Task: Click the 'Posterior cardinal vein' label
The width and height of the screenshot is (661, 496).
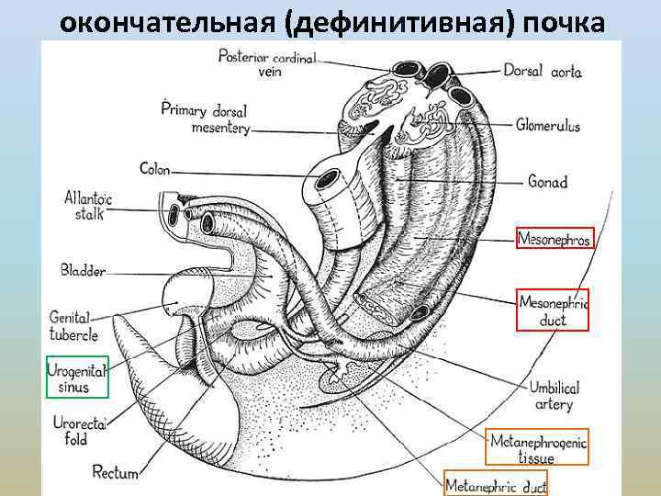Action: click(x=267, y=62)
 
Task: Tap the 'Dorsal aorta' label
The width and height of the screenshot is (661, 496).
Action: click(x=542, y=71)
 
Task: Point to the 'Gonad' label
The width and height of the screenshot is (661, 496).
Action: click(x=547, y=181)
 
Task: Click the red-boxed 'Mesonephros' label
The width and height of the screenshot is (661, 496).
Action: click(x=555, y=239)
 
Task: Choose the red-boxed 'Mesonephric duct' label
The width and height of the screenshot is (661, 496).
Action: click(x=554, y=310)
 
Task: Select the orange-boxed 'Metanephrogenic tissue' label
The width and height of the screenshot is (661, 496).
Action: click(x=537, y=447)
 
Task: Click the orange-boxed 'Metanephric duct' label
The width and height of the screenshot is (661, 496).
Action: click(x=496, y=484)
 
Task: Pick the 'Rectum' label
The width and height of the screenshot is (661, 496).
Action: click(x=115, y=473)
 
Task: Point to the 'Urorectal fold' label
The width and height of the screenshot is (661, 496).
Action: click(x=76, y=431)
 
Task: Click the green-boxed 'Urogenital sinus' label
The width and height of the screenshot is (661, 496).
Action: click(x=77, y=377)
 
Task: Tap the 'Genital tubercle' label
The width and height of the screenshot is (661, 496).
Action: click(x=73, y=326)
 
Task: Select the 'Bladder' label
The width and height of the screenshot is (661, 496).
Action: click(x=84, y=271)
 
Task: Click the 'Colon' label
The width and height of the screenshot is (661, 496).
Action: click(x=155, y=169)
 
